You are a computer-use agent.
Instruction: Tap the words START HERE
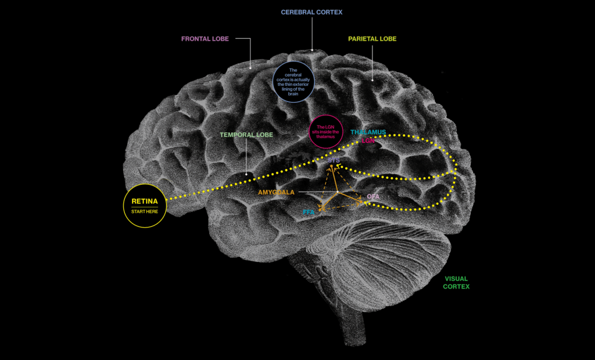pyautogui.click(x=145, y=211)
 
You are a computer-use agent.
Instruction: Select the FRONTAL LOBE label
pyautogui.click(x=205, y=39)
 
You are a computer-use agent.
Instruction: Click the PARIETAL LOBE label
pyautogui.click(x=372, y=39)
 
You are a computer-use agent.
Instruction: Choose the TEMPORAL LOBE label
pyautogui.click(x=246, y=135)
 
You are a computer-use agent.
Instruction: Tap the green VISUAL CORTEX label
pyautogui.click(x=456, y=282)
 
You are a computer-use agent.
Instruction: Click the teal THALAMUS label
pyautogui.click(x=368, y=132)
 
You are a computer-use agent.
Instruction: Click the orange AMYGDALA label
pyautogui.click(x=277, y=192)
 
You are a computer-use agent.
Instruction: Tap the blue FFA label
pyautogui.click(x=309, y=213)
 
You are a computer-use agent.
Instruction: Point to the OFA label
pyautogui.click(x=373, y=197)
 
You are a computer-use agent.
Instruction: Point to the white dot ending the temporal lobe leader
pyautogui.click(x=247, y=173)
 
